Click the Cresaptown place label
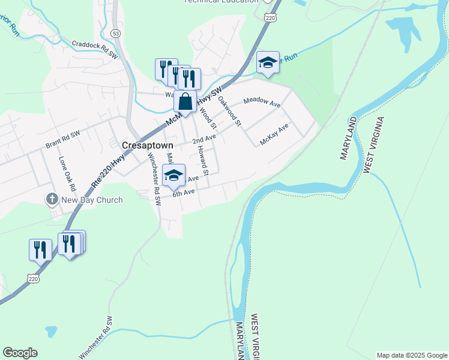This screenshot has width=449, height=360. pos(147,145)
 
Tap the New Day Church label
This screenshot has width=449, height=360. pos(92,200)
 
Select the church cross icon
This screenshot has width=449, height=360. pos(52,199)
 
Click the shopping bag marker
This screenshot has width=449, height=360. pos(185,101)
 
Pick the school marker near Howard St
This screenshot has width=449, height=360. pos(173,175)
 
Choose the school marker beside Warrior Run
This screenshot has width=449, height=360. pos(268,62)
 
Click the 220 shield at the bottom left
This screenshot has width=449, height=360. pos(34,278)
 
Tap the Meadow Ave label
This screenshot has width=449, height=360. pos(262,103)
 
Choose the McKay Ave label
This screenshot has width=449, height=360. pos(274,134)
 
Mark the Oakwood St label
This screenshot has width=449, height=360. pos(229,112)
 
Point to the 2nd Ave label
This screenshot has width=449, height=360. pos(203,139)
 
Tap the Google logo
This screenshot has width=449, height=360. pos(20,353)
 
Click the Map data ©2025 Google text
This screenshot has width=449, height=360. pos(412,355)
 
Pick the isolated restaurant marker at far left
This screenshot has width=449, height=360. pos(40,249)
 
